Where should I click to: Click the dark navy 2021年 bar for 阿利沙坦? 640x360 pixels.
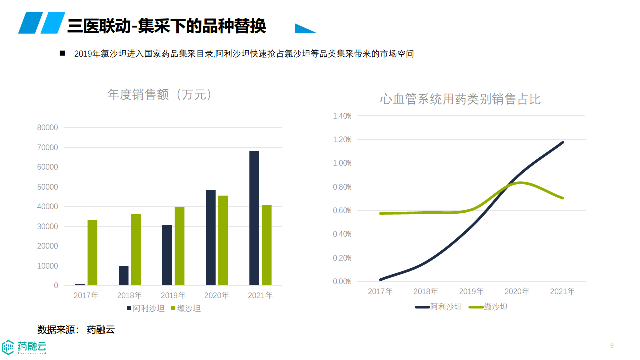pyautogui.click(x=254, y=218)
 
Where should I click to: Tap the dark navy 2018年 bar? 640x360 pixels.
pyautogui.click(x=123, y=275)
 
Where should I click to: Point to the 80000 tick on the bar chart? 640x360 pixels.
pyautogui.click(x=48, y=128)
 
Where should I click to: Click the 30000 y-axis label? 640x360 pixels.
pyautogui.click(x=48, y=227)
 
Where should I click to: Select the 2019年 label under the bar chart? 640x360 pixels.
pyautogui.click(x=173, y=296)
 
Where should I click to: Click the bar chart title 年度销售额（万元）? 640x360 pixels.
pyautogui.click(x=160, y=95)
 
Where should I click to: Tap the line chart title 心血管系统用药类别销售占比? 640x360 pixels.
pyautogui.click(x=460, y=99)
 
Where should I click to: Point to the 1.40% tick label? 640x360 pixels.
pyautogui.click(x=342, y=116)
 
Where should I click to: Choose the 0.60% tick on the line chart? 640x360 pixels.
pyautogui.click(x=342, y=211)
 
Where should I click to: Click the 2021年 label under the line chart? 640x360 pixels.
pyautogui.click(x=562, y=291)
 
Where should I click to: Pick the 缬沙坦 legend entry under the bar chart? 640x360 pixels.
pyautogui.click(x=186, y=309)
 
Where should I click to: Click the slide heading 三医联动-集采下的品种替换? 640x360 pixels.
pyautogui.click(x=166, y=25)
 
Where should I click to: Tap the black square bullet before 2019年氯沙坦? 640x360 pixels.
pyautogui.click(x=62, y=53)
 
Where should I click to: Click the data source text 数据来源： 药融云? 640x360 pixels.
pyautogui.click(x=76, y=330)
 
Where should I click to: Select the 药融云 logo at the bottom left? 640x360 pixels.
pyautogui.click(x=24, y=346)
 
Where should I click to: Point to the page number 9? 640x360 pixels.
pyautogui.click(x=612, y=345)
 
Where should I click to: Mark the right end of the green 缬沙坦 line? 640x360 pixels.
pyautogui.click(x=563, y=198)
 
